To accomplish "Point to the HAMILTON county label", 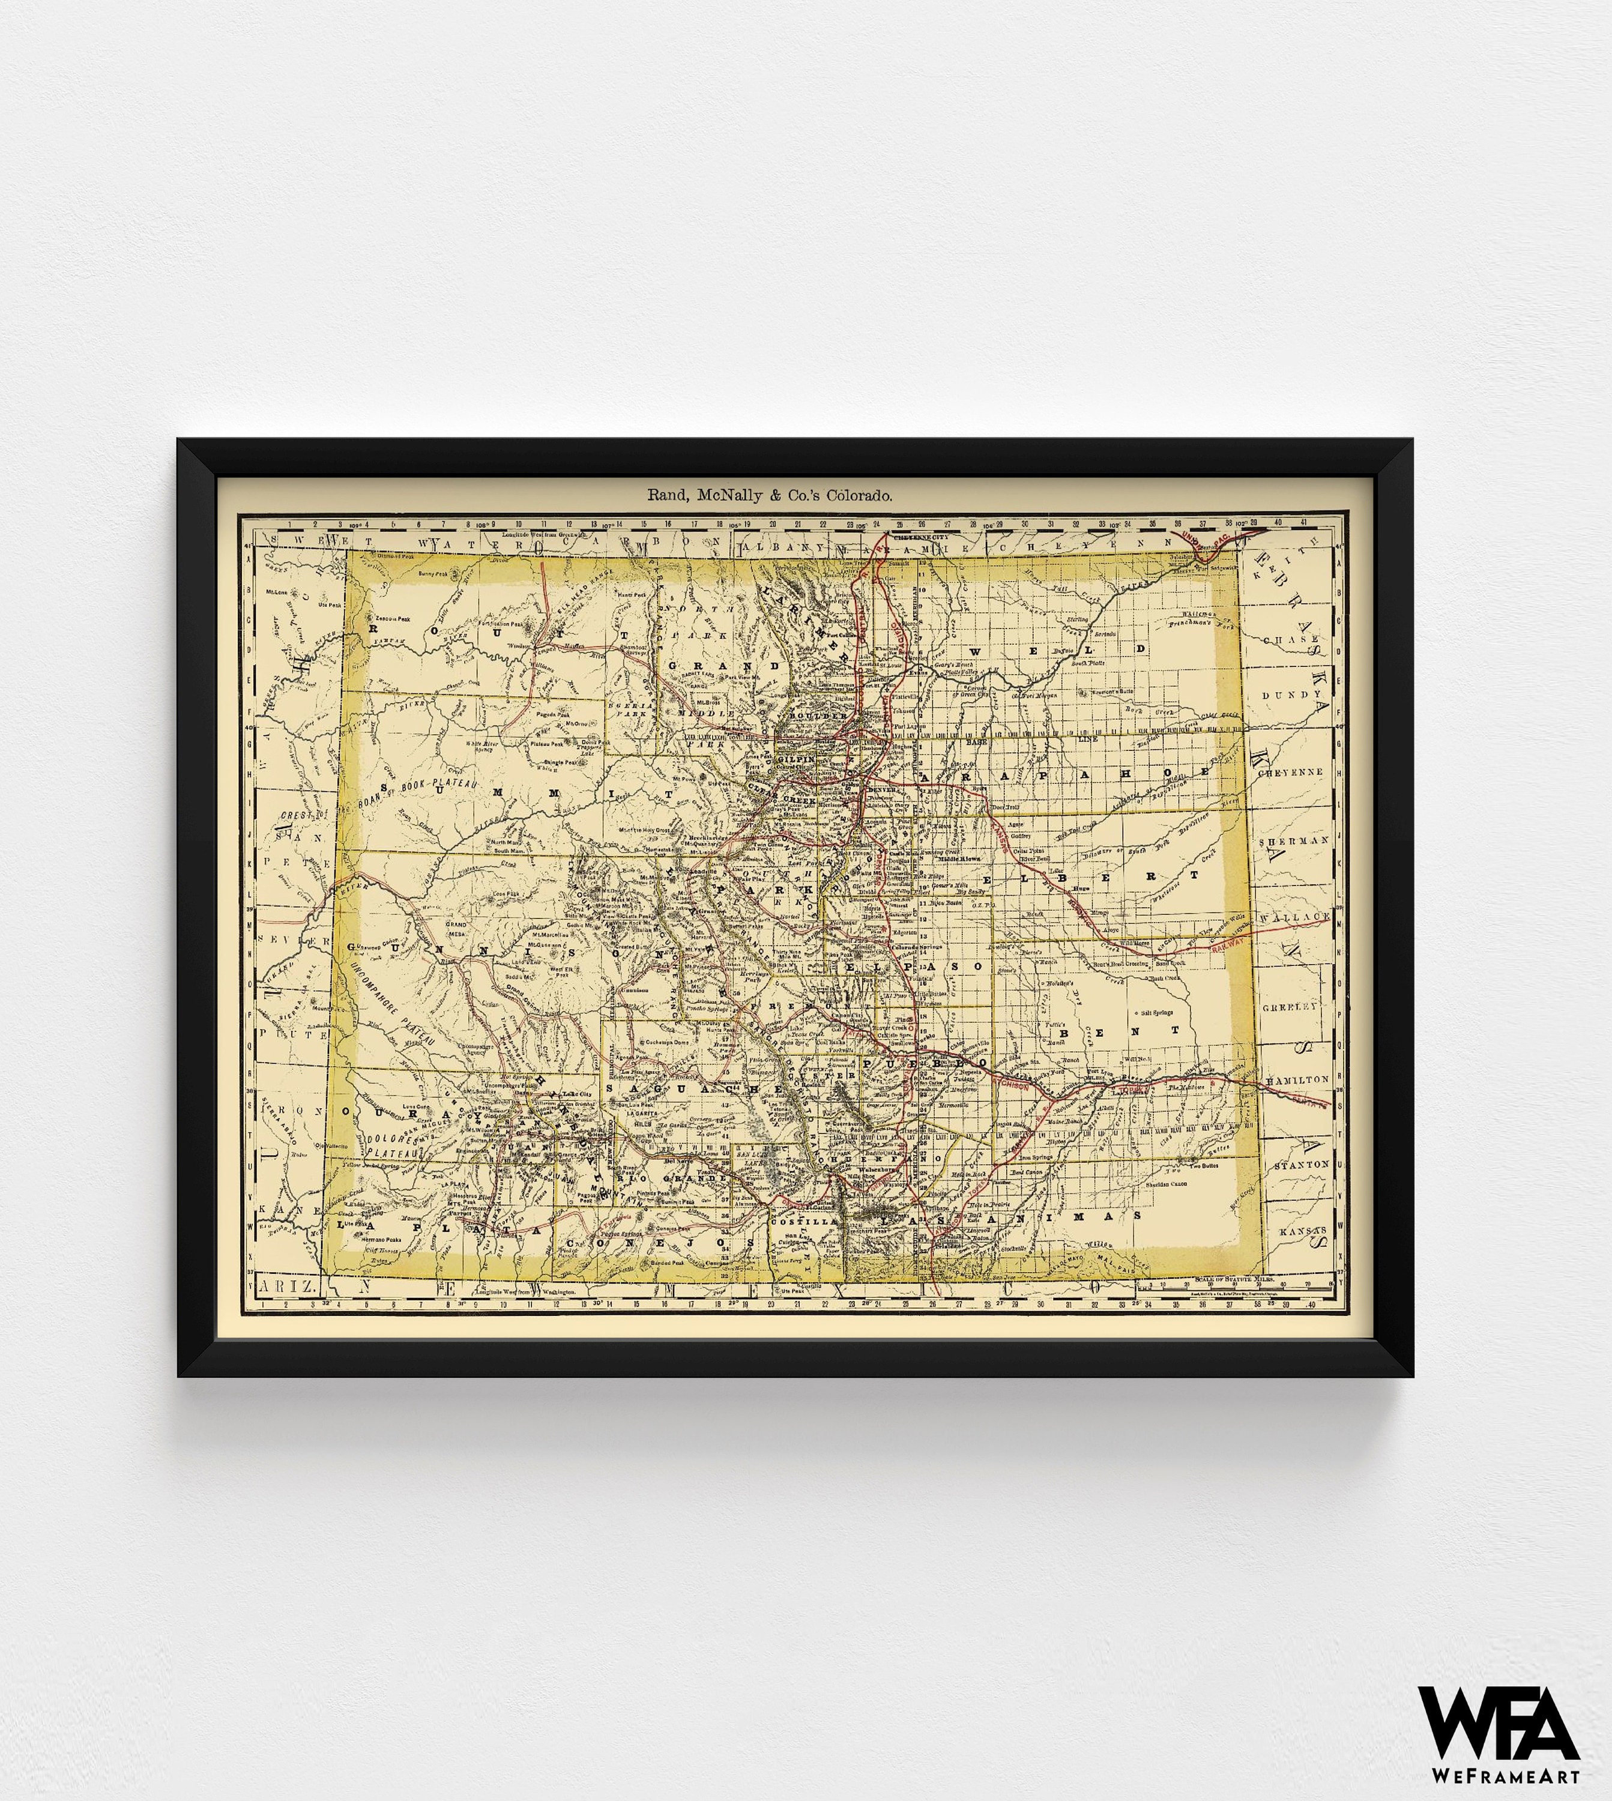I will [x=1297, y=1079].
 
